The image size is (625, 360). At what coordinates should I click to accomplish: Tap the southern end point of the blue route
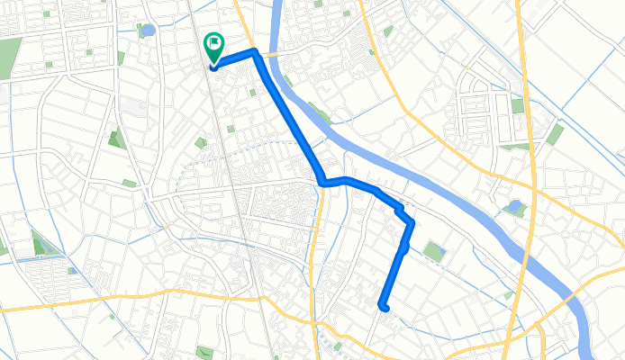click(x=385, y=307)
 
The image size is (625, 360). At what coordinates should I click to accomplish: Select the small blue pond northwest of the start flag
click(x=148, y=31)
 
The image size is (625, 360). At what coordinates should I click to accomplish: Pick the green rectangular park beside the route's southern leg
click(x=435, y=251)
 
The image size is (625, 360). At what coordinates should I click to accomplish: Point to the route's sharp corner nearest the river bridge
click(x=256, y=51)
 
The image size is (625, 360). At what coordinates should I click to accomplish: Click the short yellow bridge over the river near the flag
click(x=271, y=54)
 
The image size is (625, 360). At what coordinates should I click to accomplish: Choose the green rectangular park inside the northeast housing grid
click(x=518, y=105)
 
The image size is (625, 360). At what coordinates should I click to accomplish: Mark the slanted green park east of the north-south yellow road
click(x=555, y=135)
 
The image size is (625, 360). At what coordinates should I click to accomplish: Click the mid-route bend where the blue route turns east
click(x=322, y=183)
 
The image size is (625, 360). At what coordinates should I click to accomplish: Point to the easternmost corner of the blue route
click(x=412, y=220)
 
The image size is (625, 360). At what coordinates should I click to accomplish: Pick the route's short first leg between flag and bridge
click(x=234, y=58)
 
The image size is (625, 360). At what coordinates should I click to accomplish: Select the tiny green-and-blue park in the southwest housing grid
click(x=70, y=270)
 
